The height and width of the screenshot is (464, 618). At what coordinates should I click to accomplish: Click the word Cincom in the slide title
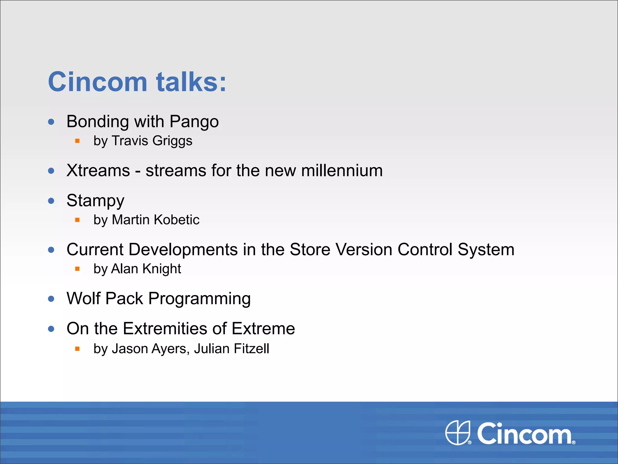click(x=97, y=82)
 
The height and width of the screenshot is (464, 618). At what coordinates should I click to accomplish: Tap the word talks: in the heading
click(x=191, y=82)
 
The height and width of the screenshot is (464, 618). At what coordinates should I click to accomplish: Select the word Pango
click(x=194, y=122)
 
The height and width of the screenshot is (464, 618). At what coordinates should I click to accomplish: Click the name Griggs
click(x=172, y=141)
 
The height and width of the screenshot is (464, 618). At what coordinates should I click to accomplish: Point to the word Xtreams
click(x=98, y=170)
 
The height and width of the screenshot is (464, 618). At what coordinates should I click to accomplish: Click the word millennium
click(x=342, y=170)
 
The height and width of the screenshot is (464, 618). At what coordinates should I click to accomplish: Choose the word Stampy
click(x=95, y=201)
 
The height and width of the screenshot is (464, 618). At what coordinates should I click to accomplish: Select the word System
click(x=486, y=250)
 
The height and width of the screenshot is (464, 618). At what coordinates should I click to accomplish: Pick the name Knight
click(x=162, y=269)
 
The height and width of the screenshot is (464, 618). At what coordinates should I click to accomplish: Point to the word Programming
click(x=199, y=299)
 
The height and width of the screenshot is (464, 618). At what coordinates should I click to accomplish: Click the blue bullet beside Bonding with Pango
click(x=51, y=122)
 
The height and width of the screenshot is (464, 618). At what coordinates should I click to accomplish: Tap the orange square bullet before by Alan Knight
click(x=77, y=269)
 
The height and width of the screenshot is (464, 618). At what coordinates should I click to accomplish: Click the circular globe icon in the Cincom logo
click(x=458, y=433)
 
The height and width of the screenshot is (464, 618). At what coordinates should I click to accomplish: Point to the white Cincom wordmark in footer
click(x=524, y=434)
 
